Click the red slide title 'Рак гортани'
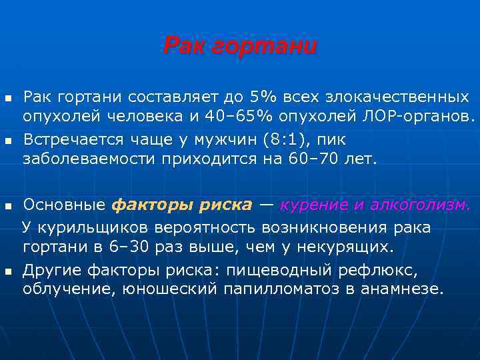(240, 47)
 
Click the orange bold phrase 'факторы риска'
(181, 205)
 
